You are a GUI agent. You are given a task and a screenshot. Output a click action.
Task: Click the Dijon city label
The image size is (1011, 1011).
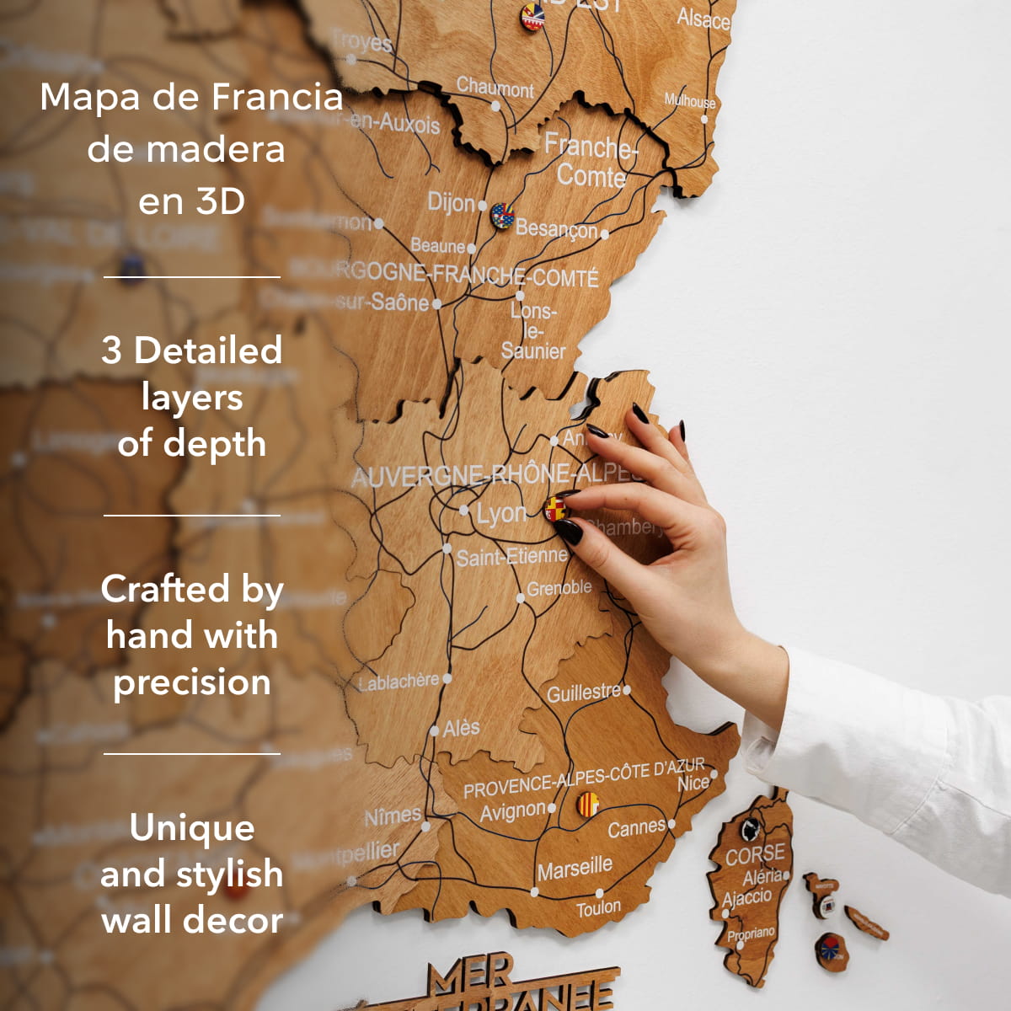[x=452, y=202]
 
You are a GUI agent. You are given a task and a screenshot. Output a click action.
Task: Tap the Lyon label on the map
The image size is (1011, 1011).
[x=500, y=513]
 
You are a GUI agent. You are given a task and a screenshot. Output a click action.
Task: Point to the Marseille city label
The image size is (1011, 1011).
[x=575, y=867]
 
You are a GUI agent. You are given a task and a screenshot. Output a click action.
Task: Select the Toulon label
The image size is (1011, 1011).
[x=598, y=908]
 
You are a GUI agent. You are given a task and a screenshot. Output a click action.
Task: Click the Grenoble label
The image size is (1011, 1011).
[x=559, y=587]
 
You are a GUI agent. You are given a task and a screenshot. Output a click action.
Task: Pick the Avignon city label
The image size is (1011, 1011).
[x=512, y=810]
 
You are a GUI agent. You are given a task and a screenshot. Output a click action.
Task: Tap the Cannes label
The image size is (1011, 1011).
[x=636, y=827]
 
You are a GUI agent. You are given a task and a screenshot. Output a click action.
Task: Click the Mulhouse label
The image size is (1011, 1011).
[x=689, y=101]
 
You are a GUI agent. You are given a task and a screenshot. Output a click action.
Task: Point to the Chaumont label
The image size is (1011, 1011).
[x=495, y=88]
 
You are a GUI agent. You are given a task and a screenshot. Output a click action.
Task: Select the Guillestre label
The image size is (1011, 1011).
[x=583, y=693]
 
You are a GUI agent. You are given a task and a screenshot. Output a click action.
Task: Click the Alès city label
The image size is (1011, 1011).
[x=461, y=727]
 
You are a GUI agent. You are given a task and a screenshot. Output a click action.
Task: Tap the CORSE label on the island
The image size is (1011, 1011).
[x=755, y=854]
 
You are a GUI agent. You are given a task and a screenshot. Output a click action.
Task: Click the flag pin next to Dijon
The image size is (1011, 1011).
[x=502, y=215]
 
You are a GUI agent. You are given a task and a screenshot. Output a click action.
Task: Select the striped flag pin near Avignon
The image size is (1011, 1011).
[x=587, y=804]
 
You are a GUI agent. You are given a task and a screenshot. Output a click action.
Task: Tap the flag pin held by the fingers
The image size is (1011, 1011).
[x=555, y=508]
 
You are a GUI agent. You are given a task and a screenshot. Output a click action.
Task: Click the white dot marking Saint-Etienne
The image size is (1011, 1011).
[x=447, y=548]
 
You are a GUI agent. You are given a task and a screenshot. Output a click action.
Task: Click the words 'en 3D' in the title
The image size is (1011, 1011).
[x=191, y=201]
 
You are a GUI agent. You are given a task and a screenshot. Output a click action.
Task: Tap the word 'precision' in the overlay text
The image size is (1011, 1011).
[x=192, y=682]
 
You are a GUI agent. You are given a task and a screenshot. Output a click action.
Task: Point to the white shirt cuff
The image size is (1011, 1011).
[x=762, y=741]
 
